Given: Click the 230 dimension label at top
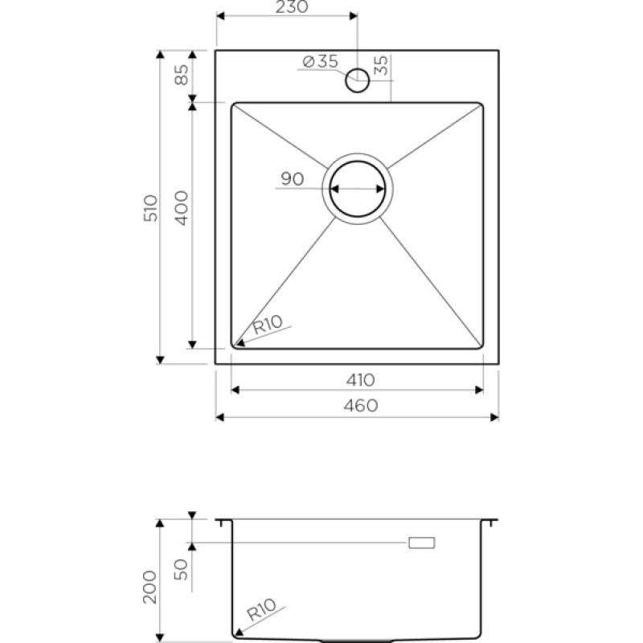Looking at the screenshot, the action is click(x=292, y=6).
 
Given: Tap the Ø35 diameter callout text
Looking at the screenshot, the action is click(x=320, y=62).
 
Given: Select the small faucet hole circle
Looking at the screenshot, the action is click(x=358, y=80).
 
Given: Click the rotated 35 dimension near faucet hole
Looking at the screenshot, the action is click(x=381, y=65).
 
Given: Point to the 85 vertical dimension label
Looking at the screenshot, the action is click(x=182, y=75).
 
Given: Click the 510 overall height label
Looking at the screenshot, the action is click(x=150, y=208).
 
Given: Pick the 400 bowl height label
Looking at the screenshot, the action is click(x=182, y=208).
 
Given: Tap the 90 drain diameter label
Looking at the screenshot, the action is click(x=293, y=178).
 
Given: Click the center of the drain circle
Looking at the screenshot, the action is click(x=358, y=189).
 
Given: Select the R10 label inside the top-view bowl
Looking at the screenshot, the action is click(x=268, y=325).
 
